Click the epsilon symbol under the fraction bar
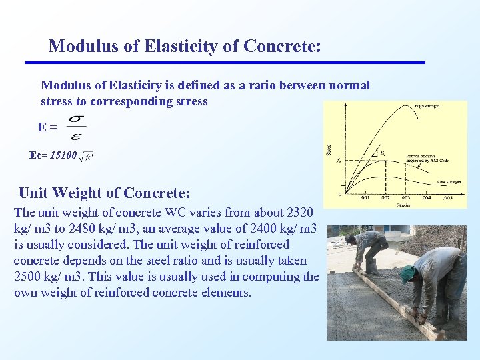pos(76,135)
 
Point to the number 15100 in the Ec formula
pos(63,155)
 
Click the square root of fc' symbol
pos(86,157)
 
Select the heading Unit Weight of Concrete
pos(105,193)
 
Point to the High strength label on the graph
pos(426,105)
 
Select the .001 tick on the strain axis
pos(364,198)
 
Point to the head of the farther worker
pos(351,238)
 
